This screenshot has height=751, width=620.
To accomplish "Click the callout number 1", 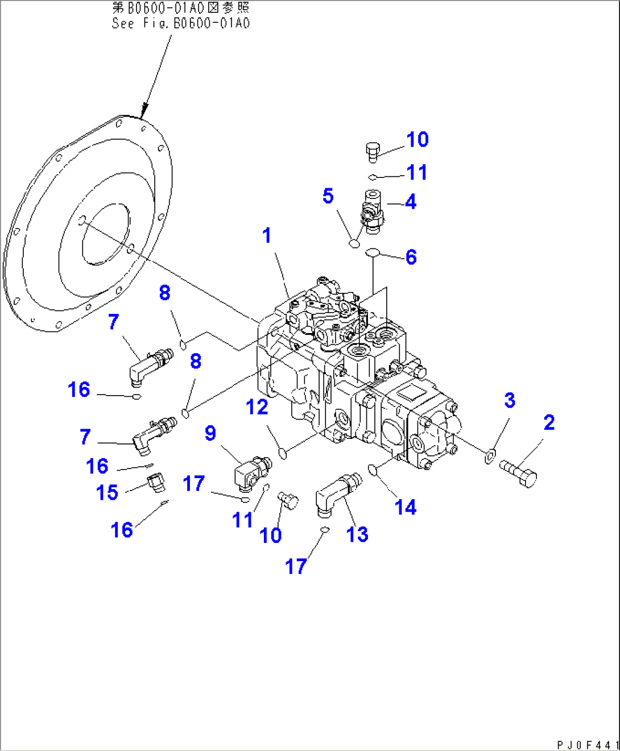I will (267, 235).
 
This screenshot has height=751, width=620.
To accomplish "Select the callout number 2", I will (549, 422).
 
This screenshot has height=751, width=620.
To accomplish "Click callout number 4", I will (411, 201).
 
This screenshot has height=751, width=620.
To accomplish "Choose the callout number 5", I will (328, 196).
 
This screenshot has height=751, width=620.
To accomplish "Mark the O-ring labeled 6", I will (373, 252).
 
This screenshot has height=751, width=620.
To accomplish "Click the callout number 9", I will (210, 433).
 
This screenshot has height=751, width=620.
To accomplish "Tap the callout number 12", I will (257, 406).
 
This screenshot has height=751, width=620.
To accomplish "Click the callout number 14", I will (406, 507).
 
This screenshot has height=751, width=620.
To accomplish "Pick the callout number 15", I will (107, 492).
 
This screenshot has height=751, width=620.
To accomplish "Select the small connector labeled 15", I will (155, 482).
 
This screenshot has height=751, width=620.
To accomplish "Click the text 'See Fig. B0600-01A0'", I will (181, 23).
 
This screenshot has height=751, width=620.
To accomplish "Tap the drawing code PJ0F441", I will (588, 745).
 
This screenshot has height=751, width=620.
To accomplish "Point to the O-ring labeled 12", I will (283, 453).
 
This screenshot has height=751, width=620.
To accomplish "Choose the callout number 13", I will (357, 534).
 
